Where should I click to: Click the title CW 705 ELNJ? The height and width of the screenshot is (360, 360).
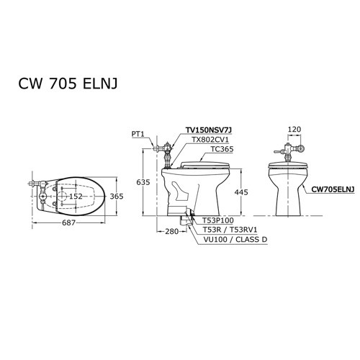point(68,84)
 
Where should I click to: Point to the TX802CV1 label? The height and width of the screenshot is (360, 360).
point(210,140)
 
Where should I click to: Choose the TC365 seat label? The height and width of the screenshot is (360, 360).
point(222,150)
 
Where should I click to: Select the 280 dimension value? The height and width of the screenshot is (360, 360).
point(171,231)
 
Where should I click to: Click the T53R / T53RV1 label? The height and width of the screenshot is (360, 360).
point(228,230)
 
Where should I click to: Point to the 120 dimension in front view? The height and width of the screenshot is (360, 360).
point(294,131)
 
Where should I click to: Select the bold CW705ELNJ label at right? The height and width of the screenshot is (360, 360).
point(333,189)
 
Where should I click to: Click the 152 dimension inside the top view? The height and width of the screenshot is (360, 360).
point(76,196)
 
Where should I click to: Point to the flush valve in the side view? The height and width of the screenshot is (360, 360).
point(166,150)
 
